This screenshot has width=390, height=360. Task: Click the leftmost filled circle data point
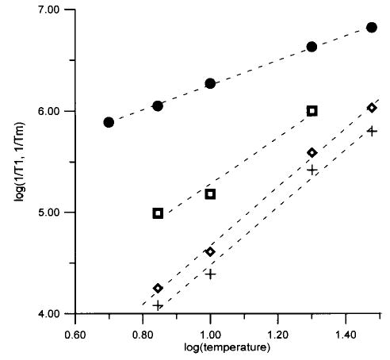[109, 122]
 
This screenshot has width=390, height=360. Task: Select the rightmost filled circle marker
[372, 28]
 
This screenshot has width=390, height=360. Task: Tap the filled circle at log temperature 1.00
[210, 83]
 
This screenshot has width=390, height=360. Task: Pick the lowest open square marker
[158, 213]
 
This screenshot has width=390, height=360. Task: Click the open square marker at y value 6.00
[312, 111]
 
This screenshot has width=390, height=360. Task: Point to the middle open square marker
[210, 194]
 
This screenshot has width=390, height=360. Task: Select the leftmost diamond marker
[158, 288]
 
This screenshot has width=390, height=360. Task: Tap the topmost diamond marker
[372, 108]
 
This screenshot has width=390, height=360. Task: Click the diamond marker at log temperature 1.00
[210, 251]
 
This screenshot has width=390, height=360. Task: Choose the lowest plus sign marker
[158, 305]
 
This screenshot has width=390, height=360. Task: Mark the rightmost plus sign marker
[372, 131]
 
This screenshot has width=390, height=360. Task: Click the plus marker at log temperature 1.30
[312, 170]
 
